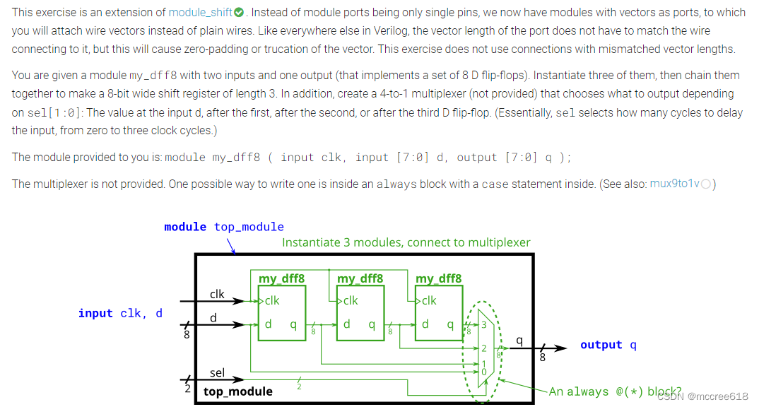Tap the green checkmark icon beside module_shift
coord(239,13)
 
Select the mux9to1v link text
coord(674,184)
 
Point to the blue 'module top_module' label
coord(224,227)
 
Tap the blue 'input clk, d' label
coord(120,313)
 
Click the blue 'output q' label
coord(608,345)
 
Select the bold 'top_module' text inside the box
coord(238,391)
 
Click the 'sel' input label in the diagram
coord(217,372)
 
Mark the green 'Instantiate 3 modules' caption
coord(406,242)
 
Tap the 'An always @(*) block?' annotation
coord(615,391)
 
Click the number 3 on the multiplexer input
coord(484,325)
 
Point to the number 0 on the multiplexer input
coord(484,371)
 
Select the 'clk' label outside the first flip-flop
coord(217,294)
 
